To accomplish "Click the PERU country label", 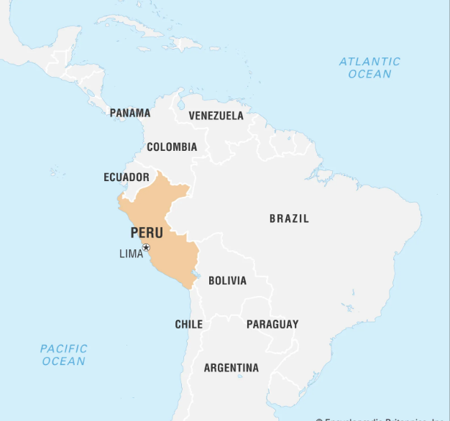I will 147,233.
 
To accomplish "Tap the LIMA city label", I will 131,254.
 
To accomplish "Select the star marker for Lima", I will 146,248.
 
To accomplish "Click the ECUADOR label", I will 127,177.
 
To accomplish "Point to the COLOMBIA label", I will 172,147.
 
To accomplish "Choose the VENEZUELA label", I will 216,116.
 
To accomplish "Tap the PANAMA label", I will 130,113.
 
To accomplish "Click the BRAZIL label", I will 289,218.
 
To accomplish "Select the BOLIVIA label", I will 227,281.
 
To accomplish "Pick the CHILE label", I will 188,324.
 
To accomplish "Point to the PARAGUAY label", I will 272,324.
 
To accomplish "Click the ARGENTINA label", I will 231,368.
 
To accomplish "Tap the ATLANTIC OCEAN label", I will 369,68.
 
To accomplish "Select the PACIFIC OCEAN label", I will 64,355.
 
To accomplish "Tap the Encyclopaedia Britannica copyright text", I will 381,418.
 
